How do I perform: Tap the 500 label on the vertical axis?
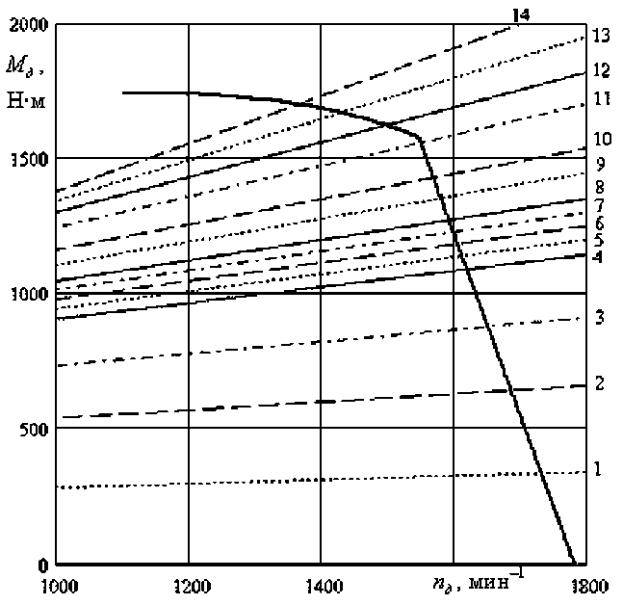(32, 429)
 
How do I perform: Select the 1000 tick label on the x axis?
(56, 584)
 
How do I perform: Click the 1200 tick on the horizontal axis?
(189, 584)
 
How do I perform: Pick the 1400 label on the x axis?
(322, 584)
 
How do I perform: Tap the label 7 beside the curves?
(598, 205)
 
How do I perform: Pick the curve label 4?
(598, 258)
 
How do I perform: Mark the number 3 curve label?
(598, 317)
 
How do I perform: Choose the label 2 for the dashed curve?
(598, 383)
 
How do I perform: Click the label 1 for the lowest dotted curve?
(598, 469)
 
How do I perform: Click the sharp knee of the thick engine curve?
(422, 141)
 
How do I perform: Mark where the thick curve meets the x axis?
(574, 564)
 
